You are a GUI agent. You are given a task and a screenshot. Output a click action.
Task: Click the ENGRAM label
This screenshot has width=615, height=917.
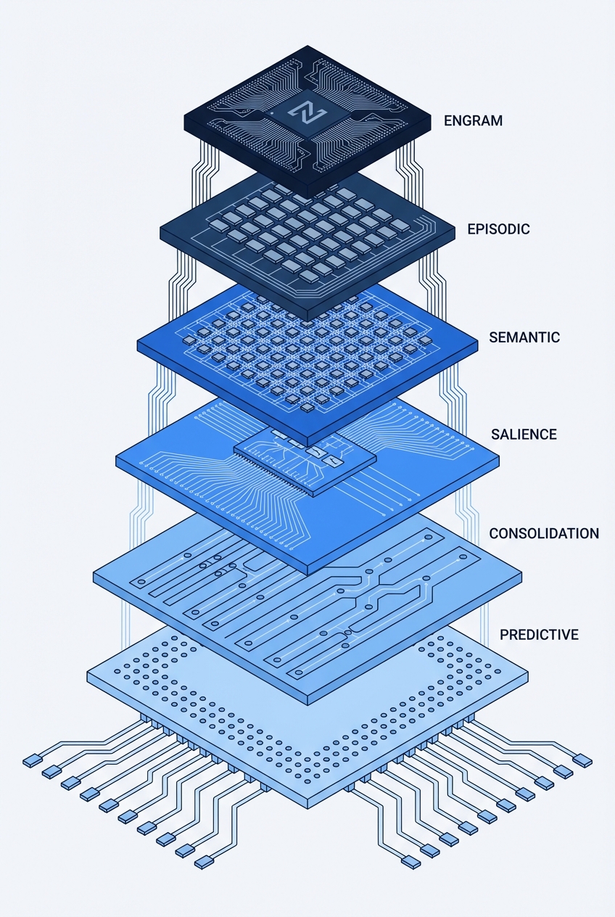[x=473, y=121]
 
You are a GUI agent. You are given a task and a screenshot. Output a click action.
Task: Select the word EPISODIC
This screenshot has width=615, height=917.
[x=498, y=229]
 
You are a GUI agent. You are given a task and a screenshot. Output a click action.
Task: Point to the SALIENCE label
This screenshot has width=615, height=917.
[x=524, y=435]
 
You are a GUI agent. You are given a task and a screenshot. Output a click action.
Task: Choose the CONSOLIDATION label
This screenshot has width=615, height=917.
[x=544, y=533]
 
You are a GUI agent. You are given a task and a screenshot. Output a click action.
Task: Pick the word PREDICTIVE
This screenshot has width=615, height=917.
[x=539, y=635]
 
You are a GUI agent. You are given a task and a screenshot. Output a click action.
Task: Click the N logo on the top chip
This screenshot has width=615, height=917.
[x=298, y=112]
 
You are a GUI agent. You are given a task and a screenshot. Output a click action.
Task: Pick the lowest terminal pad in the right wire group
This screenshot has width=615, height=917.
[x=410, y=862]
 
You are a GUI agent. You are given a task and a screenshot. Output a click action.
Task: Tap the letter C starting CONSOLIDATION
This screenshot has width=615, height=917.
[x=494, y=533]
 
